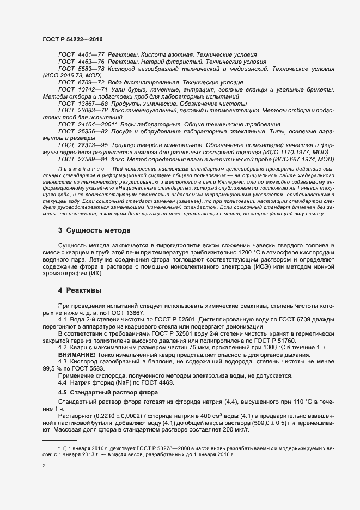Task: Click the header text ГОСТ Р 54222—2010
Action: click(72, 40)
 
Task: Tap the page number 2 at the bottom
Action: click(44, 466)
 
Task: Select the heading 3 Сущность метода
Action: click(94, 230)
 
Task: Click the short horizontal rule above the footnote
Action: click(60, 440)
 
